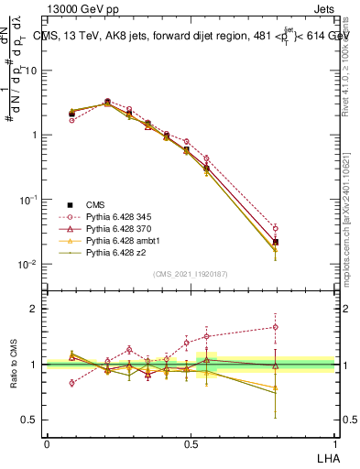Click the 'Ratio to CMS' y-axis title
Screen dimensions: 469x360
click(x=16, y=365)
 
